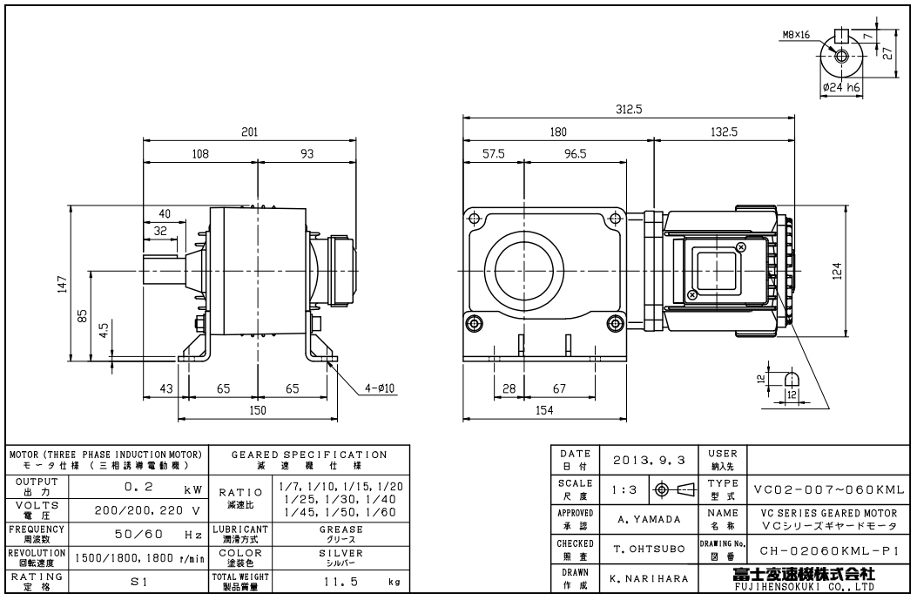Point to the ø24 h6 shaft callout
click(841, 88)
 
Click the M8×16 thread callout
click(797, 36)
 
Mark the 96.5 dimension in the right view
click(576, 154)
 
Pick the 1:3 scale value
click(619, 489)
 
